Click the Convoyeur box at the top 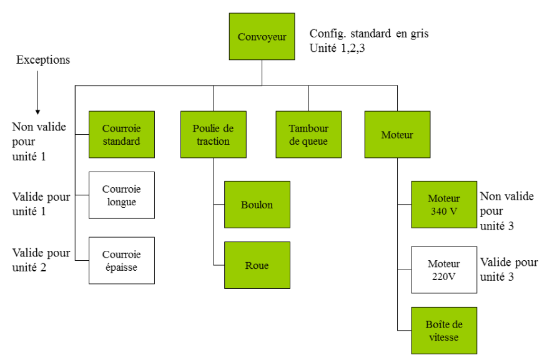click(262, 36)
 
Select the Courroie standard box click(121, 134)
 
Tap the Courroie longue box click(121, 195)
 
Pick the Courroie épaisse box click(121, 260)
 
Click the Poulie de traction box click(213, 134)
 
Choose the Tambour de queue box click(308, 134)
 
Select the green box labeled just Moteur click(397, 134)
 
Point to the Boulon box click(257, 204)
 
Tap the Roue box click(257, 265)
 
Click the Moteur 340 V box click(443, 204)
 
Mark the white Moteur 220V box click(443, 270)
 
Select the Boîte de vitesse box click(443, 330)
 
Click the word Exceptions click(42, 60)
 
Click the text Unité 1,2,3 click(337, 48)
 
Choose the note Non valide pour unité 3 click(508, 211)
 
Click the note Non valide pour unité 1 click(36, 141)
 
